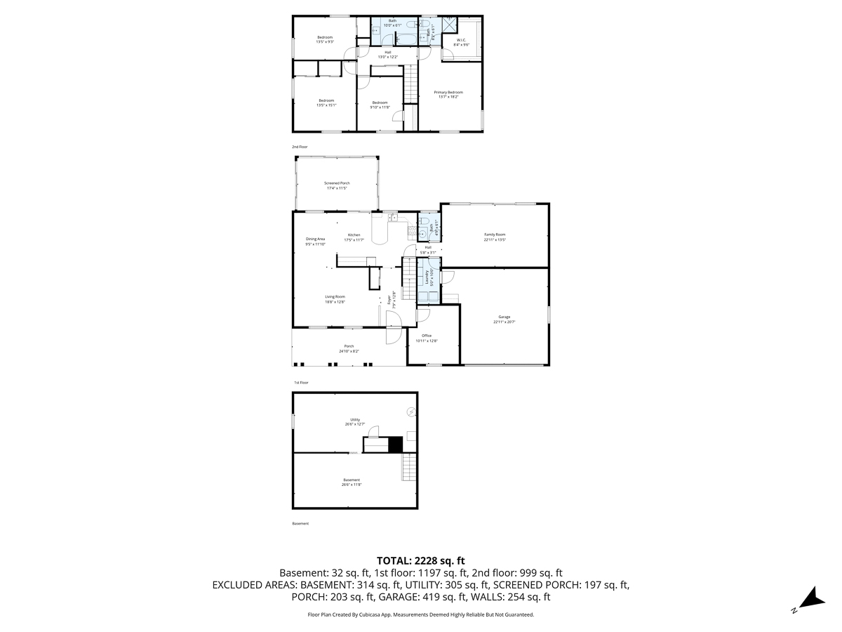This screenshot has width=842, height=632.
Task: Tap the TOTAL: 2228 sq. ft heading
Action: click(x=421, y=560)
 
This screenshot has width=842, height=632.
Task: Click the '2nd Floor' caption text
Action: click(x=300, y=147)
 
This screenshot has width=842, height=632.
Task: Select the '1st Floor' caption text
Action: click(x=301, y=383)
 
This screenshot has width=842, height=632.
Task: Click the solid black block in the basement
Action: click(x=396, y=444)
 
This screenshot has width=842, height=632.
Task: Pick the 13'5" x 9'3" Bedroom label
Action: click(x=324, y=39)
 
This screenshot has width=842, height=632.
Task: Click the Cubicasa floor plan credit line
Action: click(x=421, y=614)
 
